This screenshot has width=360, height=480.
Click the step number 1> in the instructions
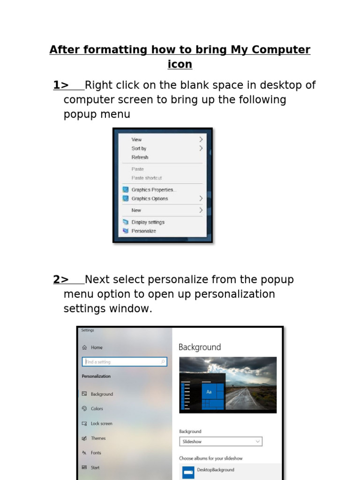(x=61, y=85)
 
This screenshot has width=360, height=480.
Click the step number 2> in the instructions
(x=61, y=280)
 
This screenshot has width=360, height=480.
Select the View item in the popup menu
(x=136, y=140)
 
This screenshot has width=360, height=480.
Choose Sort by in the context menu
(x=139, y=149)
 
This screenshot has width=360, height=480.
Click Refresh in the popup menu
(x=140, y=157)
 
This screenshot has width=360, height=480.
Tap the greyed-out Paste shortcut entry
(x=146, y=178)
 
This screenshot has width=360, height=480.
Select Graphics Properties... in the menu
(x=152, y=190)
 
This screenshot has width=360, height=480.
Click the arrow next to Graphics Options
(x=201, y=199)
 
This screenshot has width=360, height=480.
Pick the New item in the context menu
(x=136, y=210)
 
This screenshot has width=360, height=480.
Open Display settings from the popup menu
(x=148, y=222)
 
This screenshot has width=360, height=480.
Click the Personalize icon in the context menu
(x=125, y=231)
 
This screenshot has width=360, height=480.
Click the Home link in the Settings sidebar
(x=97, y=347)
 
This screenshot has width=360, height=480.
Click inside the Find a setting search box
(x=124, y=362)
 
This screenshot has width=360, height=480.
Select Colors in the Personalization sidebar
(x=97, y=409)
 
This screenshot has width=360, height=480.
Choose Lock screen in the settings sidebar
(x=101, y=424)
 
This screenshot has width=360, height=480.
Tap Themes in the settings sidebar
(x=98, y=438)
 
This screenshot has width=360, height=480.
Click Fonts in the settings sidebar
(x=96, y=453)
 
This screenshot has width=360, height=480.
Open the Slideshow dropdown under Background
(x=221, y=442)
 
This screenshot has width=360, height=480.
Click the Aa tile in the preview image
(x=209, y=391)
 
